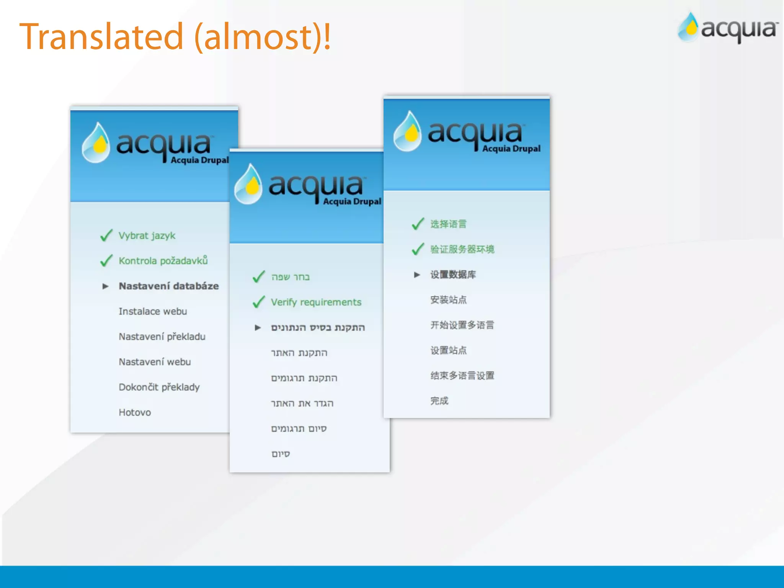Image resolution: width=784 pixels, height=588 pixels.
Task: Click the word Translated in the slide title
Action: tap(101, 37)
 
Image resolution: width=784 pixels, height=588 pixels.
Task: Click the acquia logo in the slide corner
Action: tap(727, 28)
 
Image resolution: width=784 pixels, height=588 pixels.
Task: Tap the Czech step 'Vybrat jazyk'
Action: tap(147, 235)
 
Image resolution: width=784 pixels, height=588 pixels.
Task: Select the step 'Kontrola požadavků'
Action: tap(163, 261)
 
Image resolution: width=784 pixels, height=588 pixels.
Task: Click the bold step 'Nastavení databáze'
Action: tap(168, 286)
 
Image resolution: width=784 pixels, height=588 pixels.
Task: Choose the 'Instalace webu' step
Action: tap(153, 311)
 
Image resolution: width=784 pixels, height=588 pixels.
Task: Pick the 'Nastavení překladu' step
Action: tap(162, 336)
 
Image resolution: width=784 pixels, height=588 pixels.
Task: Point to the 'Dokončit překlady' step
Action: tap(159, 387)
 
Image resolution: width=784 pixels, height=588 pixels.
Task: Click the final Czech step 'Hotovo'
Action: tap(135, 412)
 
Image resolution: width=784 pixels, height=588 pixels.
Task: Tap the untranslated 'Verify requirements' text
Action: tap(316, 302)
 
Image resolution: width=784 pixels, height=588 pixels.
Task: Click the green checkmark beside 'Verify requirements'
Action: tap(259, 302)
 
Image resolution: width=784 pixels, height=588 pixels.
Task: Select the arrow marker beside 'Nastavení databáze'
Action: tap(105, 286)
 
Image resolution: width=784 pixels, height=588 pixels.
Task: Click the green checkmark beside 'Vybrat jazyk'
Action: tap(106, 235)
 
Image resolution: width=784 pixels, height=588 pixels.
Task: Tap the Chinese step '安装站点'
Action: tap(448, 300)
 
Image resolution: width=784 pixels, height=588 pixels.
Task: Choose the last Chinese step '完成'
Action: tap(439, 401)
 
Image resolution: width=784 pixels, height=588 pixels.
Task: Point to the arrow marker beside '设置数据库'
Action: tap(417, 275)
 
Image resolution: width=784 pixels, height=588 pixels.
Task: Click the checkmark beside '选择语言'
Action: tap(418, 224)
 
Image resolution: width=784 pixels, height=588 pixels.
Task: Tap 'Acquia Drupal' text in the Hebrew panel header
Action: tap(352, 201)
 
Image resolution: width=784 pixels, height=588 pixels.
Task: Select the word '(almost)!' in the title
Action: tap(263, 37)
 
